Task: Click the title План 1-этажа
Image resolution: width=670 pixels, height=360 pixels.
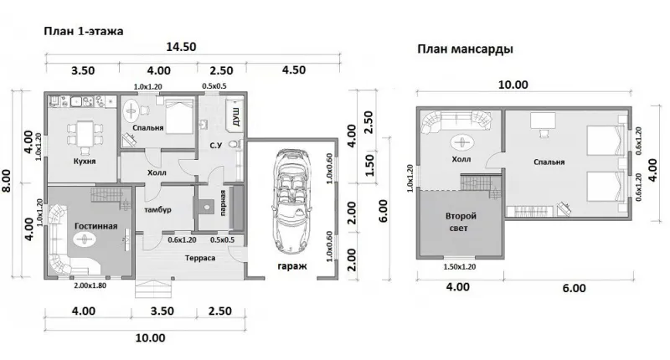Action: coord(83,31)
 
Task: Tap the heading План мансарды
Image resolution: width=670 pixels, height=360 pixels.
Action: coord(465,49)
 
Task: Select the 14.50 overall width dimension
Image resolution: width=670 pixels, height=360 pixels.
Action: coord(181,47)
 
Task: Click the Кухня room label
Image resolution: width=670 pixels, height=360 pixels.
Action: coord(85,161)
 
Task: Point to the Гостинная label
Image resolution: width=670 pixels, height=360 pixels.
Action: coord(95,226)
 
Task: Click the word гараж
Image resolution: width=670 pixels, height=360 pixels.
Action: coord(292,266)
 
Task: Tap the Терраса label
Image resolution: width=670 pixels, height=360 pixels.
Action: coord(200,258)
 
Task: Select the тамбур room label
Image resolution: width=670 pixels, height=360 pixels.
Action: coord(157,209)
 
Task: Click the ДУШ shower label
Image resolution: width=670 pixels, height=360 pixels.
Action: coord(236,116)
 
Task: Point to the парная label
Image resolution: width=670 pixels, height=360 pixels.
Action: coord(223,203)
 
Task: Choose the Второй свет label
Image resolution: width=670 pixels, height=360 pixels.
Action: coord(461,222)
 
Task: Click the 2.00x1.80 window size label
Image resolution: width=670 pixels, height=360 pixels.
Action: coord(90,285)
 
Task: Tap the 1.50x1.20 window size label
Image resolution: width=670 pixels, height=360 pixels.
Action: coord(459,267)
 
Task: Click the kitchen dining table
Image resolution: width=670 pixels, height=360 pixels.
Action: coord(85,134)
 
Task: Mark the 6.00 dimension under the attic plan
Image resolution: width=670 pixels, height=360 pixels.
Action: coord(574,288)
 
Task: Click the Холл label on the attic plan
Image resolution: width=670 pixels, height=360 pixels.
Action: coord(461,159)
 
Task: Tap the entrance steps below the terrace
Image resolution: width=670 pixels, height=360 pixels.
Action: coord(154,288)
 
